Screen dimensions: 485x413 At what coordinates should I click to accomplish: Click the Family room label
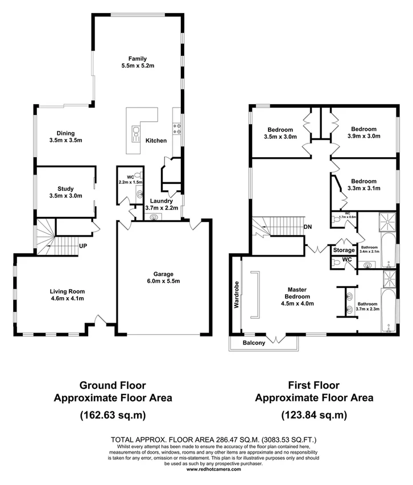[x=138, y=62]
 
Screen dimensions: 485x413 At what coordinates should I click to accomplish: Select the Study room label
[x=66, y=192]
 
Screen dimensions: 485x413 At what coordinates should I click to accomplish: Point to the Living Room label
[x=66, y=295]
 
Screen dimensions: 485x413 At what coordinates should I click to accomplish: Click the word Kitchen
[x=156, y=141]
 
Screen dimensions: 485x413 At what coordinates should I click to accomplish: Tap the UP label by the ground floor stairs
[x=82, y=246]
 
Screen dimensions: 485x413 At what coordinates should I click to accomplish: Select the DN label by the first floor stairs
[x=308, y=227]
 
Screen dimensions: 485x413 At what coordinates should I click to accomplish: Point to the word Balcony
[x=254, y=343]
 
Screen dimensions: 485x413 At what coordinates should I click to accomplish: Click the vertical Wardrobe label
[x=236, y=293]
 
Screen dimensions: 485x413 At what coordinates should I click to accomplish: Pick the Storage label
[x=344, y=250]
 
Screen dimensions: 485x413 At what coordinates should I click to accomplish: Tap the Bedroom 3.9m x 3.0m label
[x=364, y=133]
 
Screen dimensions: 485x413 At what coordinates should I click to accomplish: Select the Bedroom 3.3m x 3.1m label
[x=364, y=184]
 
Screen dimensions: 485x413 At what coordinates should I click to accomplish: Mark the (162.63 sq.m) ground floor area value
[x=112, y=415]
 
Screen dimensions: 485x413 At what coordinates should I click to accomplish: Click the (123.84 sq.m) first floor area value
[x=314, y=415]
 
